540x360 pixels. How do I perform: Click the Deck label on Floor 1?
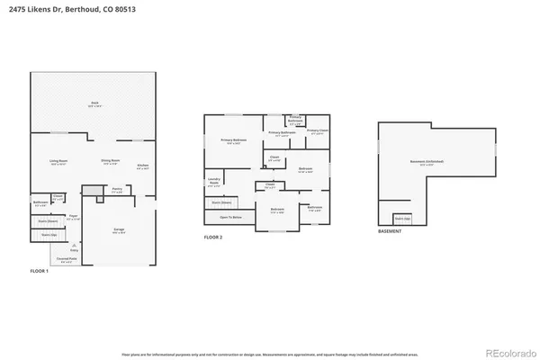(x=94, y=104)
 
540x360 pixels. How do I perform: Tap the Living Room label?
(x=59, y=163)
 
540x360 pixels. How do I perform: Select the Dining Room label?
(x=111, y=163)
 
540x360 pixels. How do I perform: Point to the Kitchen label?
(x=142, y=166)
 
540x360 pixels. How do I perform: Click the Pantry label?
(x=117, y=190)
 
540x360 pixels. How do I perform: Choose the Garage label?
(x=119, y=230)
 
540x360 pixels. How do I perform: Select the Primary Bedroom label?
(x=232, y=141)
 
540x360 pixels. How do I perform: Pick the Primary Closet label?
(x=317, y=131)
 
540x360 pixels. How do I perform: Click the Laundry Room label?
(x=214, y=181)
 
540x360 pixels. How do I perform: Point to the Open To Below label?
(x=232, y=217)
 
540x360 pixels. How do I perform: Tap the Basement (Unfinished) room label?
(x=427, y=163)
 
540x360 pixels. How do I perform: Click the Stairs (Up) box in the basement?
(x=402, y=218)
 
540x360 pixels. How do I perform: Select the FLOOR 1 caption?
(x=40, y=271)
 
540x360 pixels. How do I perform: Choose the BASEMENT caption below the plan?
(x=389, y=231)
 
